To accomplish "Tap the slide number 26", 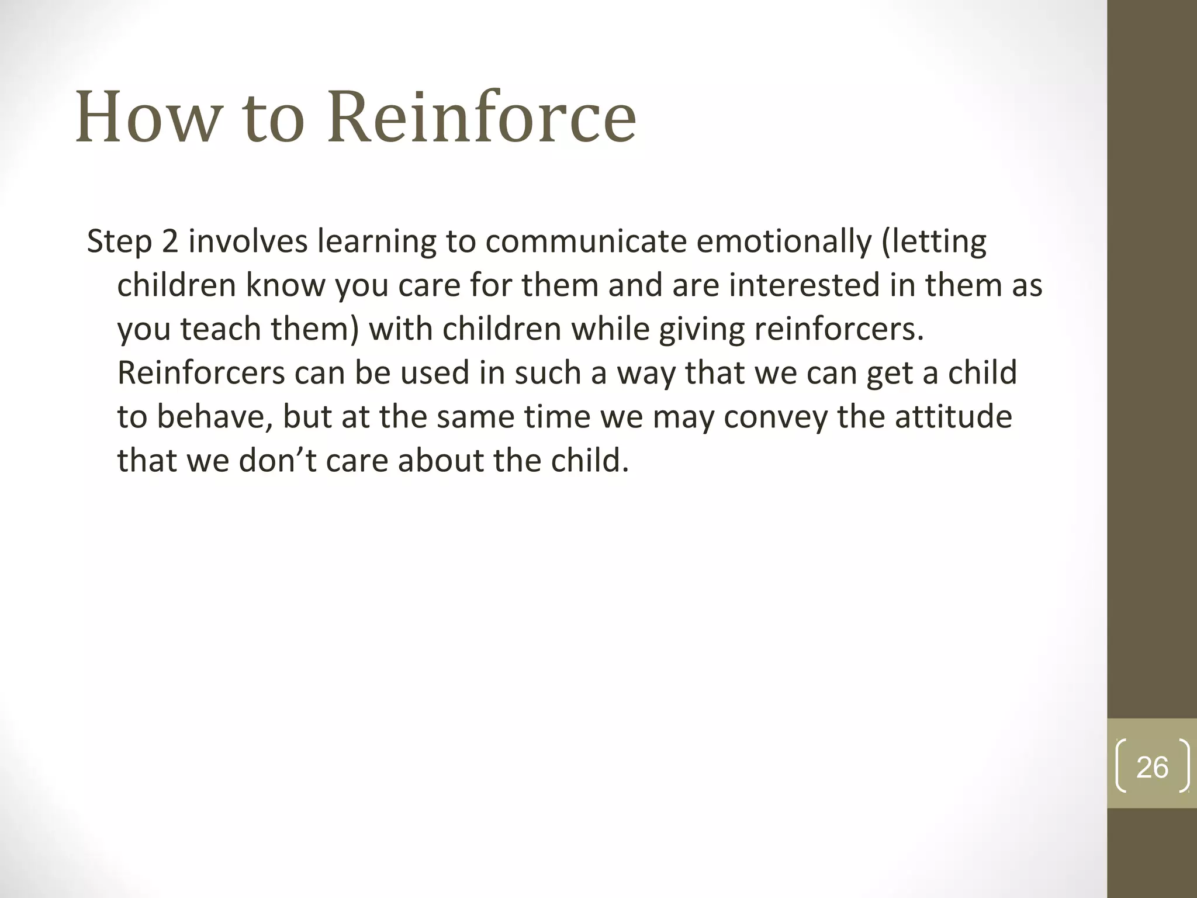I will (x=1152, y=767).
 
